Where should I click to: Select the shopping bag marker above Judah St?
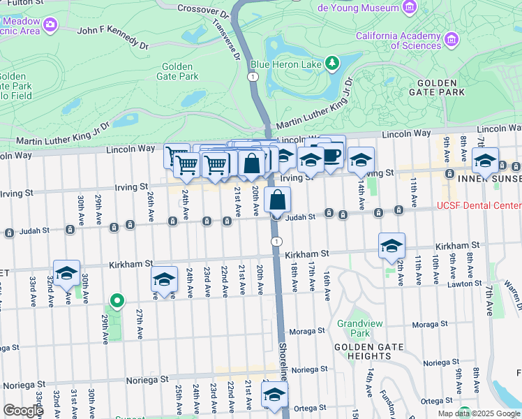click(x=277, y=200)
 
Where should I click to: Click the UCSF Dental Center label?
click(x=479, y=205)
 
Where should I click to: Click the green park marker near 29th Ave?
click(x=117, y=302)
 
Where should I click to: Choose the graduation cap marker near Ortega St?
click(x=274, y=395)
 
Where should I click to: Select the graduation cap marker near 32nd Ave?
click(x=66, y=273)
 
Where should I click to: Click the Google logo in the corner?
click(x=23, y=411)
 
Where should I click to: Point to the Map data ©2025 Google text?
click(x=478, y=413)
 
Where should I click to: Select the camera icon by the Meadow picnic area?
click(x=50, y=24)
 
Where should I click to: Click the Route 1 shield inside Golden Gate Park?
click(x=252, y=76)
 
